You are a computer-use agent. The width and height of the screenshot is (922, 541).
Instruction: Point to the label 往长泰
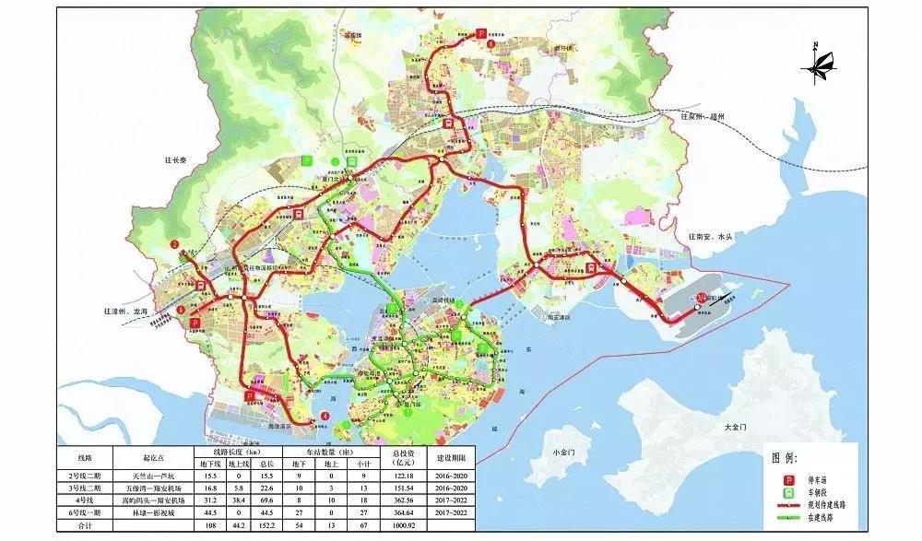[x=171, y=183]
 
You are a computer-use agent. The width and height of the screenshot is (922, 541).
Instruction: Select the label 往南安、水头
[x=710, y=237]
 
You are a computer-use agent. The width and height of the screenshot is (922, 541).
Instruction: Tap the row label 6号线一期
[x=86, y=512]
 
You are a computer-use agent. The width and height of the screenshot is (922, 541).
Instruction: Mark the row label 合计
[x=86, y=524]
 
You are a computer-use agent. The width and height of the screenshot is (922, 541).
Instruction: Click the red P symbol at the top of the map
[x=480, y=33]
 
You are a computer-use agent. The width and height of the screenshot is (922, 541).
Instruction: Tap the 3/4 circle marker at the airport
[x=702, y=297]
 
